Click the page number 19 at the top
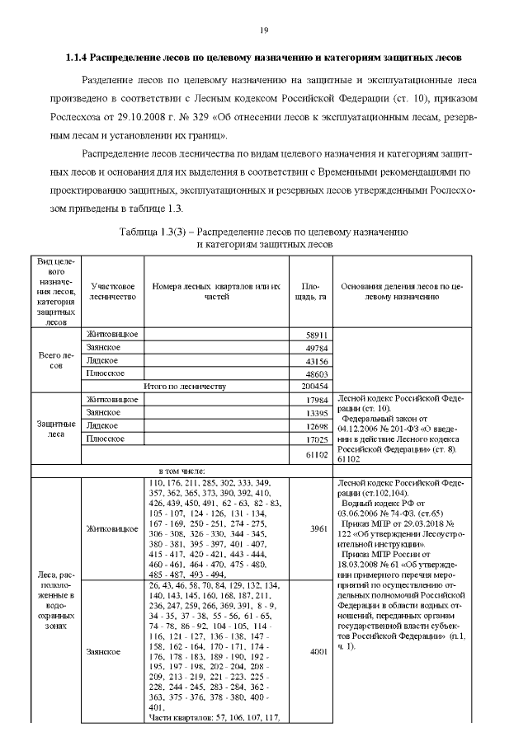pos(264,30)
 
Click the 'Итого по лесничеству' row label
pos(186,386)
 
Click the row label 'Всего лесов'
pos(56,360)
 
